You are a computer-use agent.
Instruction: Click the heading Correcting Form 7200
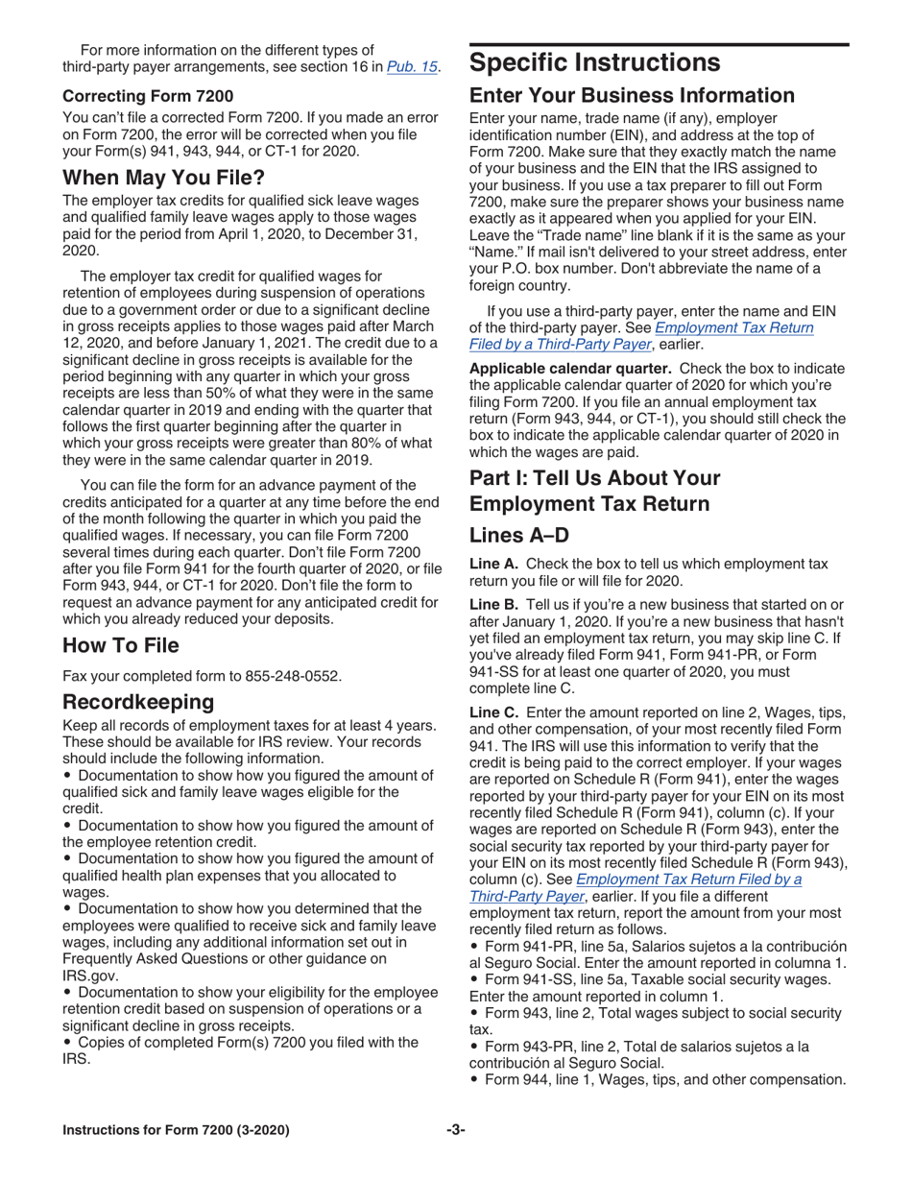tap(148, 96)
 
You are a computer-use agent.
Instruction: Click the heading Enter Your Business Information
tap(631, 96)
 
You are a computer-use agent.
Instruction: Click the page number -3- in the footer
tap(455, 1129)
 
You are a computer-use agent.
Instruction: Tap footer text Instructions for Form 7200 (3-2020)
tap(176, 1129)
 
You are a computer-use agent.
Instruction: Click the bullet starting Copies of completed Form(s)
tap(247, 1042)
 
